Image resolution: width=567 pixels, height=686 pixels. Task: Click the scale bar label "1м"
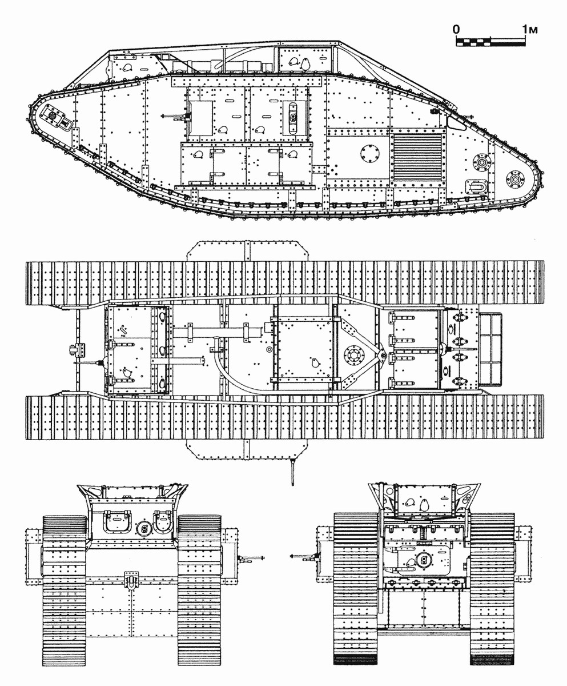pos(530,30)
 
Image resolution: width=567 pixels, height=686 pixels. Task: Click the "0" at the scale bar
pos(456,30)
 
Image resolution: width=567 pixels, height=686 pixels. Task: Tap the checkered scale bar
pos(490,42)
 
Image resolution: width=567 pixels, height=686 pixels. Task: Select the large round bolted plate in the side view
pos(371,154)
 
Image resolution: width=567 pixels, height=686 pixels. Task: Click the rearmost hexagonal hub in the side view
pos(516,179)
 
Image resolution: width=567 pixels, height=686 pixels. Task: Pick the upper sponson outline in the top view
pos(248,251)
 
